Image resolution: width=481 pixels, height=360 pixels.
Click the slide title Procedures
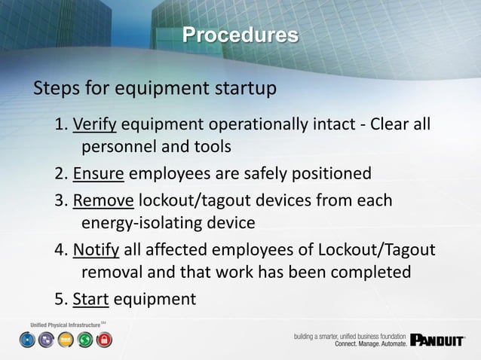240,35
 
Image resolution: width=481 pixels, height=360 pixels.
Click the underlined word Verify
95,124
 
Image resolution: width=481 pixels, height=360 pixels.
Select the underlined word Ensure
99,175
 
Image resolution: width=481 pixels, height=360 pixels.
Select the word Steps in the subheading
57,90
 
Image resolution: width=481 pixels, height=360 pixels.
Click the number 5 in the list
60,300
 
